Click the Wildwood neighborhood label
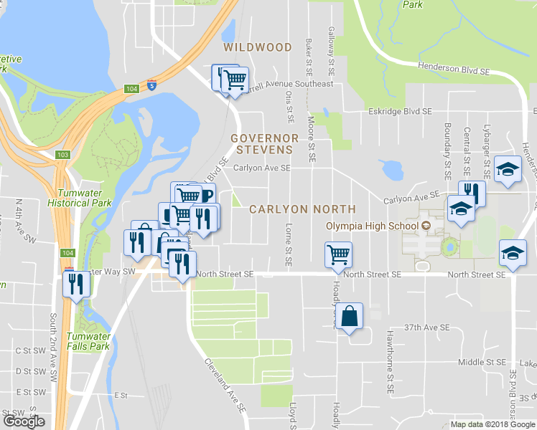click(x=257, y=47)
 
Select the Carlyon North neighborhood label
click(x=302, y=209)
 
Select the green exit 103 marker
click(x=62, y=154)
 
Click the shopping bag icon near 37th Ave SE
click(x=349, y=317)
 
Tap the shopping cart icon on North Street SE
click(x=338, y=255)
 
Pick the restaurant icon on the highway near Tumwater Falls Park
click(x=75, y=284)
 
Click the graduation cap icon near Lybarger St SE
click(x=508, y=170)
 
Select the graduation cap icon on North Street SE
click(x=513, y=254)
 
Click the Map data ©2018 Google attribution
click(x=491, y=424)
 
